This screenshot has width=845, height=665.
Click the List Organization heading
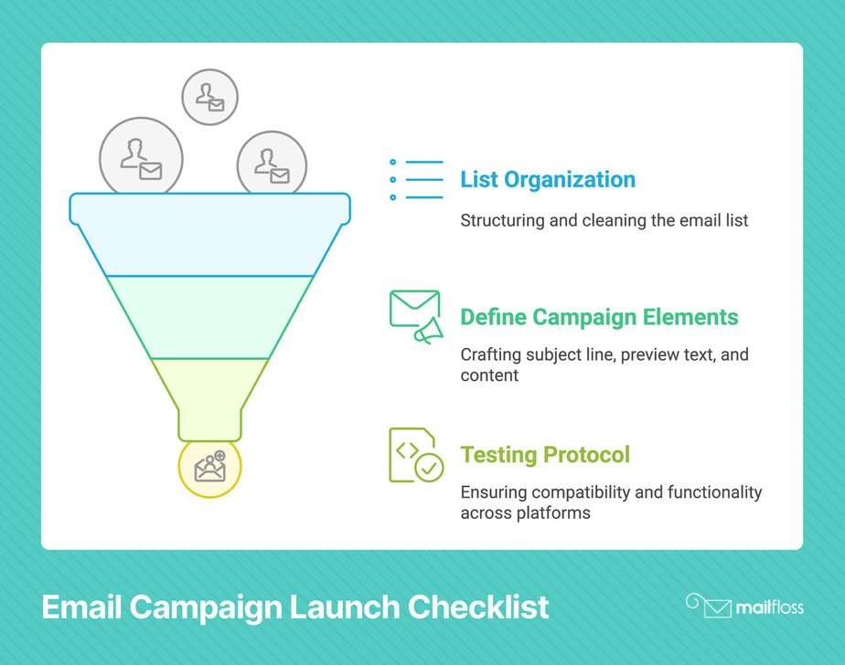547,179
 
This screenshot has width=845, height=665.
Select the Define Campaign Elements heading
599,317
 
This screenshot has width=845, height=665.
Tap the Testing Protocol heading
545,454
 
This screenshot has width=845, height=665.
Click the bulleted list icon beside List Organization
416,179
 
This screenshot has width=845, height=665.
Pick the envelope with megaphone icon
415,316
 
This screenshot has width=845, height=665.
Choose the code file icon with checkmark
415,455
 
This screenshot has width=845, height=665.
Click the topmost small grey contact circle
209,96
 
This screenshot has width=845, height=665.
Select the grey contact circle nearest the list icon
272,165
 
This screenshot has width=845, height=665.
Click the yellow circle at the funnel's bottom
209,468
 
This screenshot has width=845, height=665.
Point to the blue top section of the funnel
209,237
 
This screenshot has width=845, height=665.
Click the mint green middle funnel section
209,316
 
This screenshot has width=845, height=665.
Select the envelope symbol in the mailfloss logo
718,607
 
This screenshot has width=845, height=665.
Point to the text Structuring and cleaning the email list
604,220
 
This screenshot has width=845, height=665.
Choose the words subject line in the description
569,354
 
